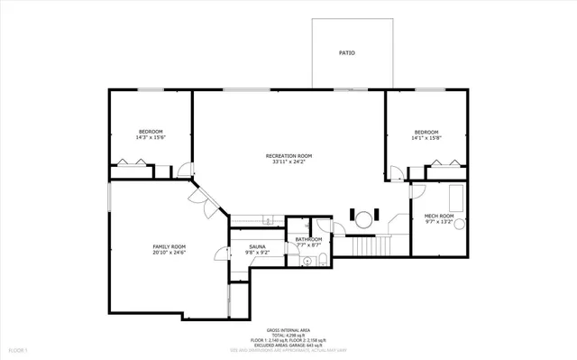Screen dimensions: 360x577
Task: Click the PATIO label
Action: (x=346, y=53)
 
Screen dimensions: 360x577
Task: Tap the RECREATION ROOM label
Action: (x=288, y=156)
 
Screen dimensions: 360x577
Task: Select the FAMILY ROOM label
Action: (x=168, y=246)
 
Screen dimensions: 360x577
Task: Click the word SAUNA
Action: (x=257, y=246)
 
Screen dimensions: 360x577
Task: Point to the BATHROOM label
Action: (x=308, y=239)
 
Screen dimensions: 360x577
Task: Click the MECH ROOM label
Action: (x=438, y=217)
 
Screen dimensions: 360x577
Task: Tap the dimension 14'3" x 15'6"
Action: (x=151, y=137)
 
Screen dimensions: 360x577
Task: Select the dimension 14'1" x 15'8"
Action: (x=426, y=137)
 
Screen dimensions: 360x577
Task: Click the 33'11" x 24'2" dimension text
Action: (x=288, y=162)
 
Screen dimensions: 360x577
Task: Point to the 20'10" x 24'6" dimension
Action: (x=168, y=253)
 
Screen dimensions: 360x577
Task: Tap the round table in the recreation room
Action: (x=362, y=218)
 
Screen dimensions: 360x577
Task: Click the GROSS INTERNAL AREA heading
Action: (x=288, y=331)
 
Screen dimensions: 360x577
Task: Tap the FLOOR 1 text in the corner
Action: (x=19, y=350)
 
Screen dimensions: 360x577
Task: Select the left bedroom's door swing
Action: (x=185, y=169)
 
